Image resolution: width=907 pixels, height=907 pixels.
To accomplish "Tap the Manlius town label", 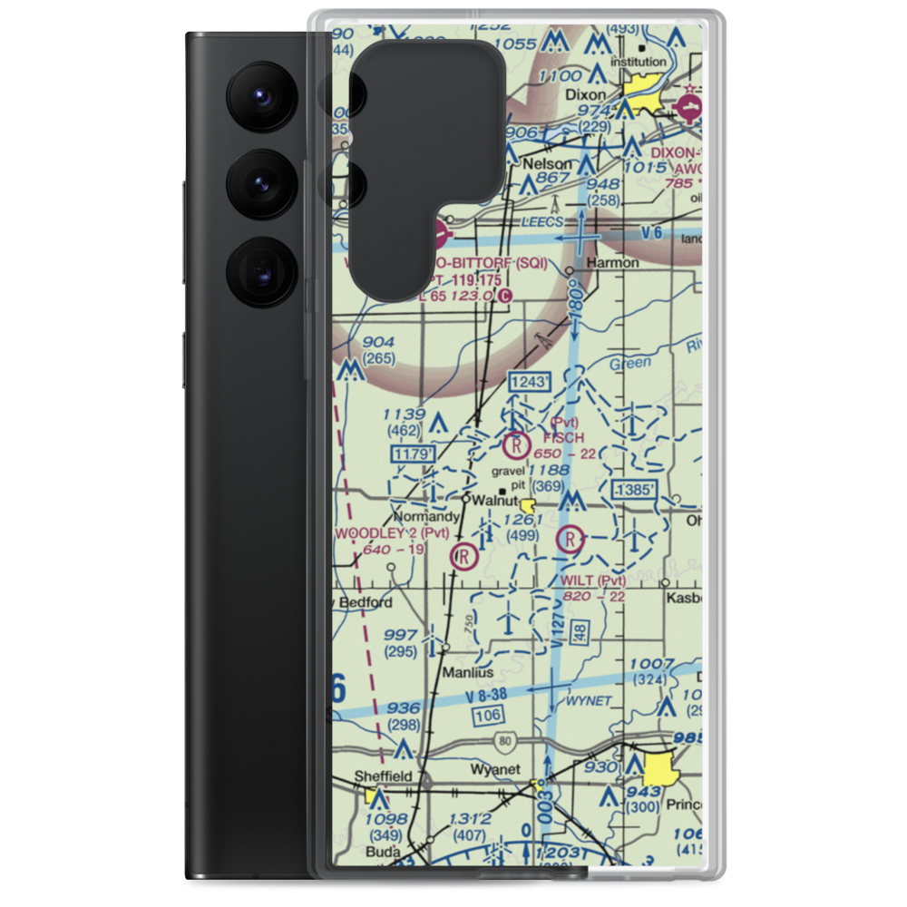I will (x=468, y=673).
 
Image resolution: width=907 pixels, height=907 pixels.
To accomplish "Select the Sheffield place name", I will (x=383, y=776).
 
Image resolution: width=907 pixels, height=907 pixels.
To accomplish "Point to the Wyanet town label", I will (x=495, y=770).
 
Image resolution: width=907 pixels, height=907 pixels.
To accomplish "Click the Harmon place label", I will (x=614, y=262).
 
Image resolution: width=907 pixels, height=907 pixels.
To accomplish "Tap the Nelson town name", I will (x=549, y=163).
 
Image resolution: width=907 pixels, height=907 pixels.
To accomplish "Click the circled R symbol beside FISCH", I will (x=515, y=445).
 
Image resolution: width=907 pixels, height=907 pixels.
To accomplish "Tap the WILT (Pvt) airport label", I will (x=594, y=580).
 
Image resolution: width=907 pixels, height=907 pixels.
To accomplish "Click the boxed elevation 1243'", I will (x=529, y=383).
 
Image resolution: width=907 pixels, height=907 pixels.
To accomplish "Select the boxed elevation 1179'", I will (x=414, y=452).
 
